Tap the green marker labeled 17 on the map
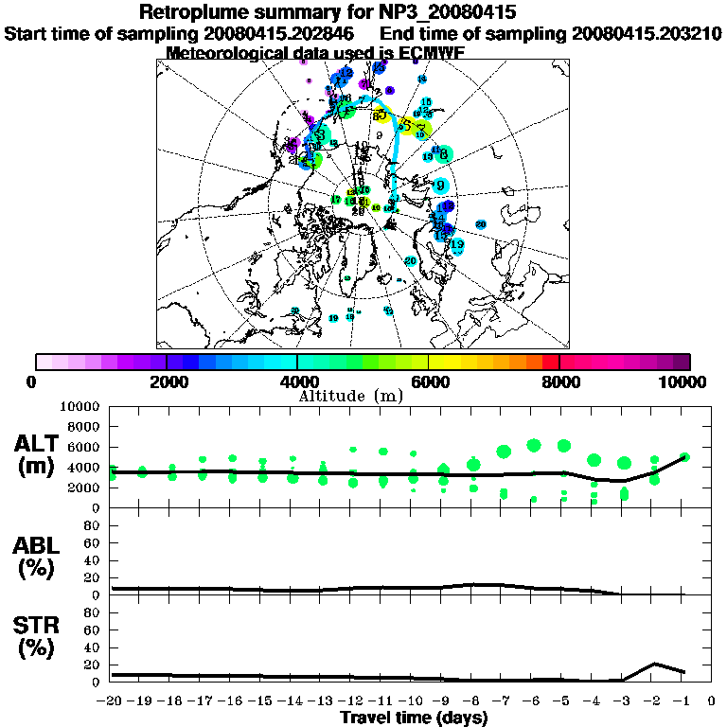(335, 199)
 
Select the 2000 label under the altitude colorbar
(167, 381)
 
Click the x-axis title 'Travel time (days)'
(414, 718)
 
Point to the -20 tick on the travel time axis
(111, 701)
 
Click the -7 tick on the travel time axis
(502, 701)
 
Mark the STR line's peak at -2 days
(654, 664)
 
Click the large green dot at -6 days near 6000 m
(534, 445)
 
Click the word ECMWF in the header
(432, 53)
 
